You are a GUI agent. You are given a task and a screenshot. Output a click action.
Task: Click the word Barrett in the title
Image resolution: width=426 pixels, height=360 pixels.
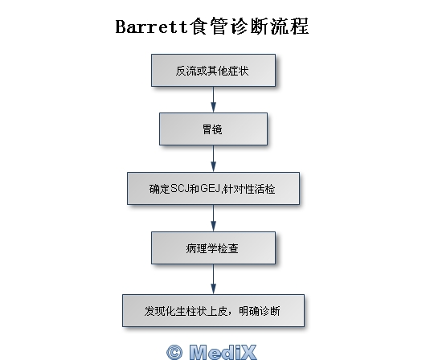[152, 27]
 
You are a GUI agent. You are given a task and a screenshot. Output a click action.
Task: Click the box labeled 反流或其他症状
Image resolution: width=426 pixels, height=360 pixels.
[213, 71]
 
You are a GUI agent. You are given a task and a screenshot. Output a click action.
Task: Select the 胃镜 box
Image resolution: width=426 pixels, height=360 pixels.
[213, 129]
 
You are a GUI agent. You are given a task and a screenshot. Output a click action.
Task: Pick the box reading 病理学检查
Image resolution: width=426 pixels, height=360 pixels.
[213, 247]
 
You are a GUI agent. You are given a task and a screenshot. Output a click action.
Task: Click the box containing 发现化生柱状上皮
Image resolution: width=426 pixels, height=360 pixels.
[213, 310]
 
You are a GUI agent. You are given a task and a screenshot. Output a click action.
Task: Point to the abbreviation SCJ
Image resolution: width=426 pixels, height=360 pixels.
[179, 189]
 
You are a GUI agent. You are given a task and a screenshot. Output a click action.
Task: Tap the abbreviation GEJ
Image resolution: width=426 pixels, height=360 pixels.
[210, 188]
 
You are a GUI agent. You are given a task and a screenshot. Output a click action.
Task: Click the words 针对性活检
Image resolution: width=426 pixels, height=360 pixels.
[249, 189]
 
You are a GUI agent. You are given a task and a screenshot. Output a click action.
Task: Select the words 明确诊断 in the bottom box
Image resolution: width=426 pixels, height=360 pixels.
[260, 311]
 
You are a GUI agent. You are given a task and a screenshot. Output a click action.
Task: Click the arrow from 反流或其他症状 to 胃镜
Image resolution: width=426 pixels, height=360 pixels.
[214, 100]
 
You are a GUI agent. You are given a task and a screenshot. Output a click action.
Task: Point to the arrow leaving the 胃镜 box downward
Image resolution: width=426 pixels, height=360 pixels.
[214, 158]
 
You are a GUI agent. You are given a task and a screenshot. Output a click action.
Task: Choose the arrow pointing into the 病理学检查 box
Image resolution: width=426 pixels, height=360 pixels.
[214, 218]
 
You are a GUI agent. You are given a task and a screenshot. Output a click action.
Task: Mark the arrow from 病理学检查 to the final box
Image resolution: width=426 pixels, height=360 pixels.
[214, 279]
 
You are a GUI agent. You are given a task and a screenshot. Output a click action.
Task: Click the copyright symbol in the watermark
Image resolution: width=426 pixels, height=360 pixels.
[174, 353]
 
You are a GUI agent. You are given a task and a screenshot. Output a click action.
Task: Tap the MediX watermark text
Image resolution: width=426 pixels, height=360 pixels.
[223, 352]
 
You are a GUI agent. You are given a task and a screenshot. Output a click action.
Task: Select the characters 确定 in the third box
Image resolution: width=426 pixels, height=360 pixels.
[159, 189]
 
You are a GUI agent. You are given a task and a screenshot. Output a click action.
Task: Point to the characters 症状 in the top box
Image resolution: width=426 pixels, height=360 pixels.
[238, 71]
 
